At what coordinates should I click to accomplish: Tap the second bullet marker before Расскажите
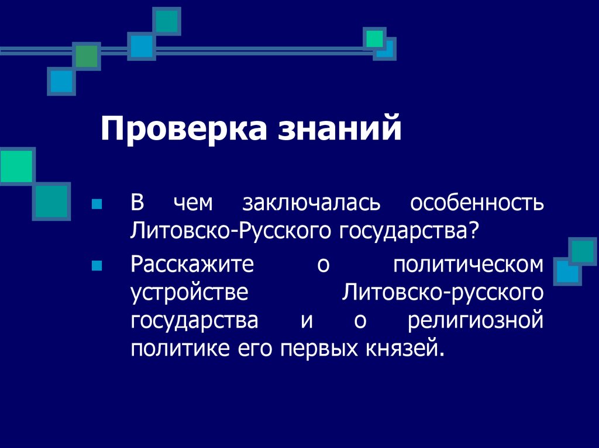[97, 266]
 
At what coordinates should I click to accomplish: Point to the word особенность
[477, 204]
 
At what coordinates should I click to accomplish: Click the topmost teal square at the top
[167, 21]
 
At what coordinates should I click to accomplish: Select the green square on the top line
[87, 56]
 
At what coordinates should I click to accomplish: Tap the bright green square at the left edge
[15, 166]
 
